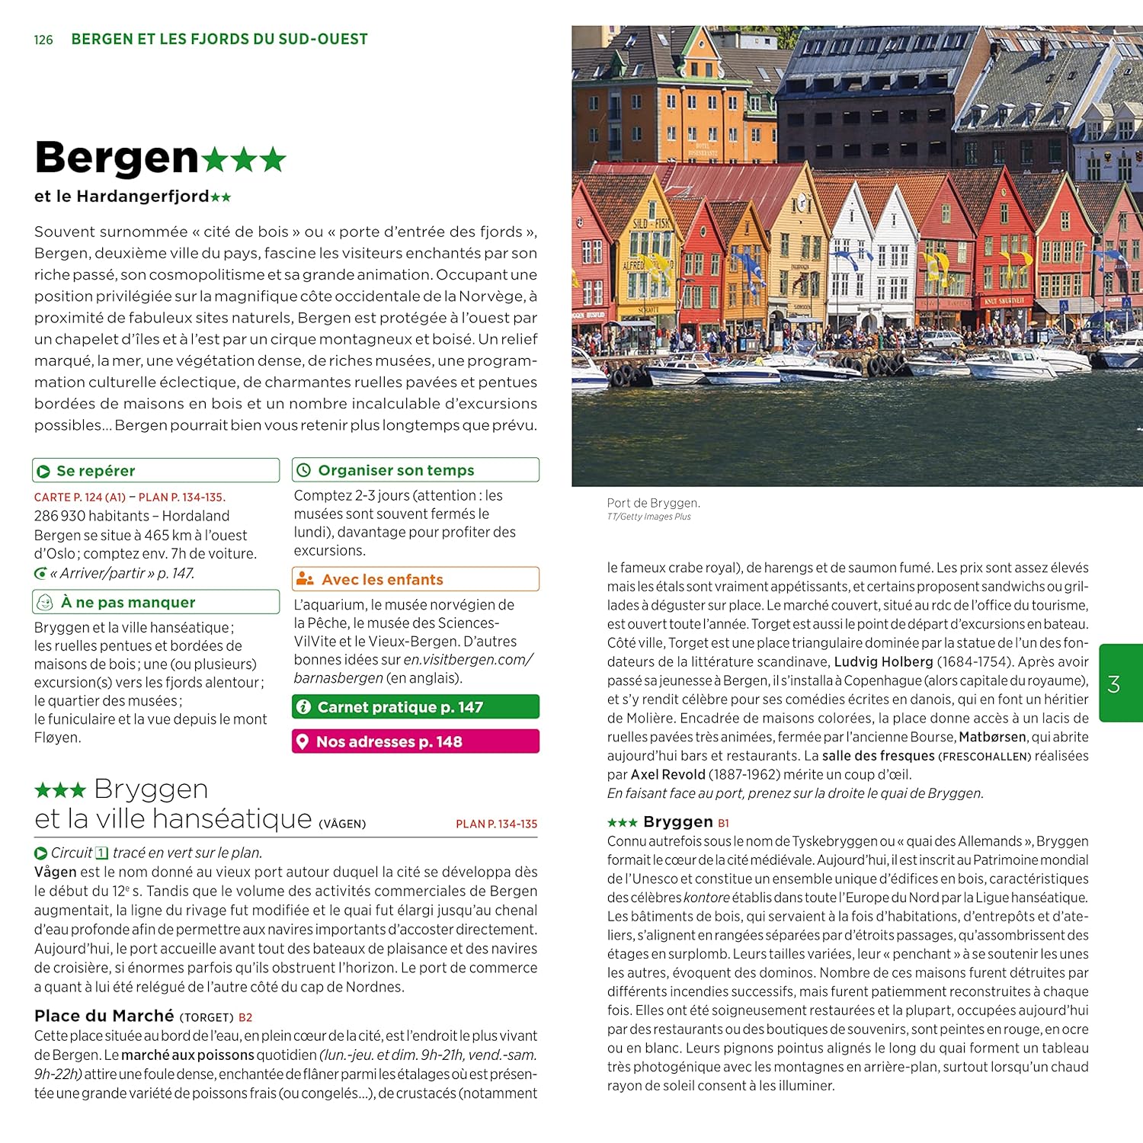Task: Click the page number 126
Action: (43, 40)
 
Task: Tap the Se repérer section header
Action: (95, 471)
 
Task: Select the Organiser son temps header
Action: (395, 470)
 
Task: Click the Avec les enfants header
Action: (382, 580)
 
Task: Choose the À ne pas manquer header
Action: (127, 603)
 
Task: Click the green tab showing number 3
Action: (1114, 684)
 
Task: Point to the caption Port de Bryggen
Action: (653, 503)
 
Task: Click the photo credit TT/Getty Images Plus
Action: (648, 517)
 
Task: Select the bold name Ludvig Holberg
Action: (883, 661)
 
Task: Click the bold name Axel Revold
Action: (668, 774)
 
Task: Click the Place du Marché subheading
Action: (104, 1016)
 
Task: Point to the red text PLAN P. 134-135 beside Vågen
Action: (496, 824)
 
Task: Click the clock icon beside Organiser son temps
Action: (303, 470)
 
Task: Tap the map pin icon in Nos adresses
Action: (303, 741)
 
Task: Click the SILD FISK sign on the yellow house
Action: (652, 223)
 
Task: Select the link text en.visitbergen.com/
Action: (468, 660)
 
